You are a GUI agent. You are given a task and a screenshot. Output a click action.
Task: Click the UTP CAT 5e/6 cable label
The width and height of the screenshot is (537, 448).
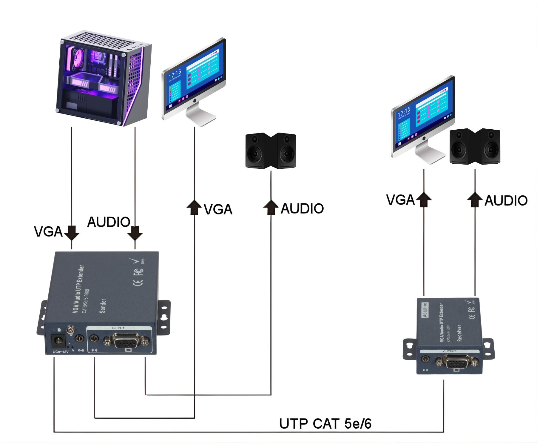(325, 424)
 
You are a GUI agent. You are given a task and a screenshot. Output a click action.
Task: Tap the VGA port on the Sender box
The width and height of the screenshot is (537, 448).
(126, 341)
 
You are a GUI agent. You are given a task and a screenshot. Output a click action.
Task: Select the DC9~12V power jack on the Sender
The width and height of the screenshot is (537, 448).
(58, 340)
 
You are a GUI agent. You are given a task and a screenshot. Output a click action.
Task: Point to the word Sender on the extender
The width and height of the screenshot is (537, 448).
(103, 306)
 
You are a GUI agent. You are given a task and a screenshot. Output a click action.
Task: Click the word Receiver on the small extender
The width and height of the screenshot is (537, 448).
(459, 333)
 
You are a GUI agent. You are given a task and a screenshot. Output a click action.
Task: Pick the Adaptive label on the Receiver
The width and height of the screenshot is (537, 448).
(425, 310)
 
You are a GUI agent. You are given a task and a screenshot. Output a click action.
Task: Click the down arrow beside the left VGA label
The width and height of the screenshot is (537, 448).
(72, 233)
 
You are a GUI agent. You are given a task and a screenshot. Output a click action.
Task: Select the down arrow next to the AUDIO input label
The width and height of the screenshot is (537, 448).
(135, 233)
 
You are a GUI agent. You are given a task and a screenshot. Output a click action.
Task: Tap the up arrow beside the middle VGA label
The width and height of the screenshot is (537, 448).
(194, 207)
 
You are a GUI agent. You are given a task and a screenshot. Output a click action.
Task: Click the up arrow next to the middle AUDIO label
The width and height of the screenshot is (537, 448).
(271, 207)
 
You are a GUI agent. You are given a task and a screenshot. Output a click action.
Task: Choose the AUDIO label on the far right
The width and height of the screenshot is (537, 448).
(506, 200)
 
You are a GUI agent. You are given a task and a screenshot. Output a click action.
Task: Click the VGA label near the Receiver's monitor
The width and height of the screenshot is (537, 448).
(400, 200)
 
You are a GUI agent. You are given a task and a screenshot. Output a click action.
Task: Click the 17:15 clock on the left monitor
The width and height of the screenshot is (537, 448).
(175, 74)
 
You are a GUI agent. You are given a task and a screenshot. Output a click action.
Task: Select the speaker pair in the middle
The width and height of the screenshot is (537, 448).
(271, 151)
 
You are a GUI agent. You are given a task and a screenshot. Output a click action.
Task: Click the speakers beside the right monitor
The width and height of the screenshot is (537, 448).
(475, 146)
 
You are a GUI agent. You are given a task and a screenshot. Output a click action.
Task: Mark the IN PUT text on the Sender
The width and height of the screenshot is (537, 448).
(118, 328)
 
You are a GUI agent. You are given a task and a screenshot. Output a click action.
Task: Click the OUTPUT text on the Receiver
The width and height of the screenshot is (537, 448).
(449, 351)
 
